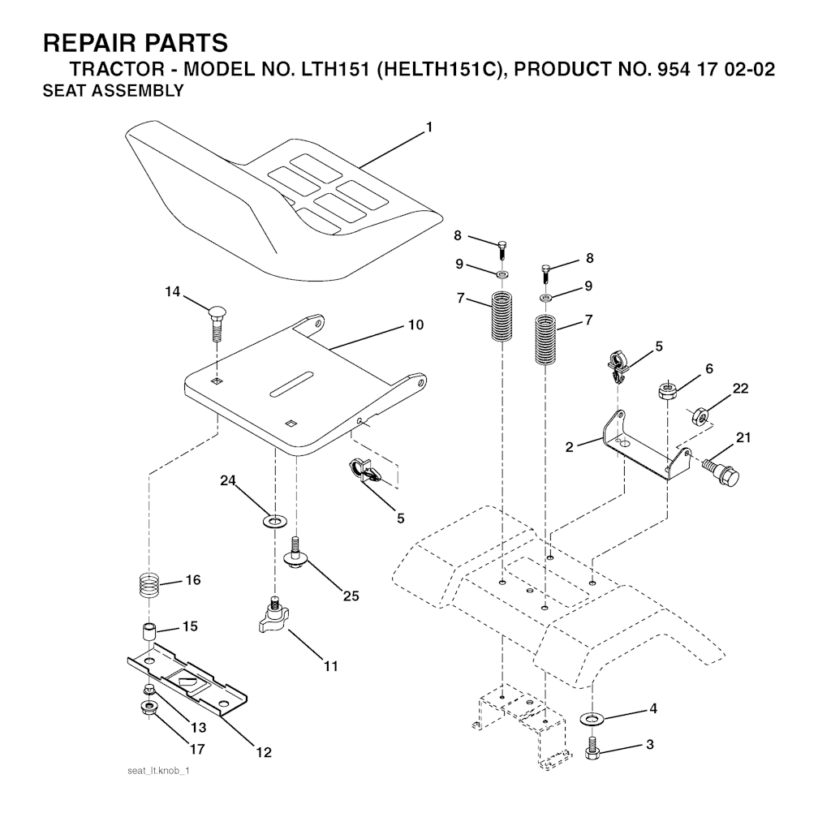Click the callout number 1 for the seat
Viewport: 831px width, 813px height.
429,127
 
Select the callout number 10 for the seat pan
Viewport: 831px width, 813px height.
416,325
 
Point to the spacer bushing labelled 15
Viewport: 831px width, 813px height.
149,634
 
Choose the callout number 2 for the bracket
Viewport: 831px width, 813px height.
569,447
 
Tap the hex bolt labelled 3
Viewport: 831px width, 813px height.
593,748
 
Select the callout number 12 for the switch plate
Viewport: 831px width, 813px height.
264,752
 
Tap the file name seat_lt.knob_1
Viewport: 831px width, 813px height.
158,771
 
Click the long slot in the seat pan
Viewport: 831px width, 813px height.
291,385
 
